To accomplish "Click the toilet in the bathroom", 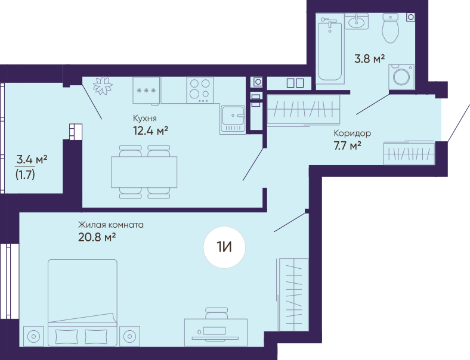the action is tap(390, 28).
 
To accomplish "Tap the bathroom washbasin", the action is tap(357, 21).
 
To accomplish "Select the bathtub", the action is tap(330, 51).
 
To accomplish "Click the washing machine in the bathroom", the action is tap(401, 77).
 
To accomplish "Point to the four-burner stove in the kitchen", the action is tap(200, 90).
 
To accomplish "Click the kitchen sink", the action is tap(233, 119).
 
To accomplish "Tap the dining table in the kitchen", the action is tap(144, 172).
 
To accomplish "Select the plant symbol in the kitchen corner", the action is tap(103, 86).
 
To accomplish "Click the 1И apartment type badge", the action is tap(224, 247).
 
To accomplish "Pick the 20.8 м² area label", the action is tap(97, 237).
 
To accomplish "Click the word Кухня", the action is tap(145, 118).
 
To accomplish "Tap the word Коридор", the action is tap(352, 133).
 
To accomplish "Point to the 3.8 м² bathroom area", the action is tap(369, 58).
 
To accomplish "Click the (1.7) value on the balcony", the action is tap(25, 174).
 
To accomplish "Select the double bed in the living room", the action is tap(82, 303).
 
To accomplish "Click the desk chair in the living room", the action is tap(217, 314).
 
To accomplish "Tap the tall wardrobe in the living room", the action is tap(293, 294).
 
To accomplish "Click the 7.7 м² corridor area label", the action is tap(347, 146).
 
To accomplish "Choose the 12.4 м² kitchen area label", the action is tap(150, 131).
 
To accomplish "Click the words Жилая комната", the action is tap(111, 224).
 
